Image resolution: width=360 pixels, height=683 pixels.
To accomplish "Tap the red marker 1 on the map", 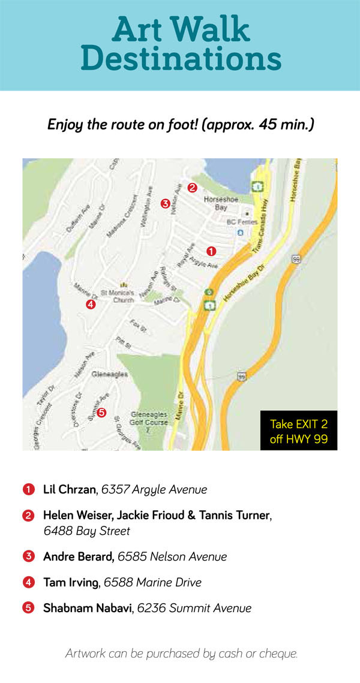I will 211,251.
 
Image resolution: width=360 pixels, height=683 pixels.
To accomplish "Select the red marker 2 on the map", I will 192,187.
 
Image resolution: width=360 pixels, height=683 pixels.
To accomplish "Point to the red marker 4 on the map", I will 91,304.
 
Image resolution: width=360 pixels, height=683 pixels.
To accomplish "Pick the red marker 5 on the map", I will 101,412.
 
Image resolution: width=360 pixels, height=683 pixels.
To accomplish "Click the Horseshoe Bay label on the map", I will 216,203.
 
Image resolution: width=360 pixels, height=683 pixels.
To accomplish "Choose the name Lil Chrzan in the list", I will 70,489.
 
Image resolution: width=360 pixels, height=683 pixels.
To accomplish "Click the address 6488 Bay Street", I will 87,531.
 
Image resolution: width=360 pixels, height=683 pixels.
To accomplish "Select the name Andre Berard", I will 78,556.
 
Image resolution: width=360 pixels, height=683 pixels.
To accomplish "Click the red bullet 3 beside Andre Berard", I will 28,556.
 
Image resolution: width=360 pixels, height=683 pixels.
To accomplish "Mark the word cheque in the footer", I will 278,653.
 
